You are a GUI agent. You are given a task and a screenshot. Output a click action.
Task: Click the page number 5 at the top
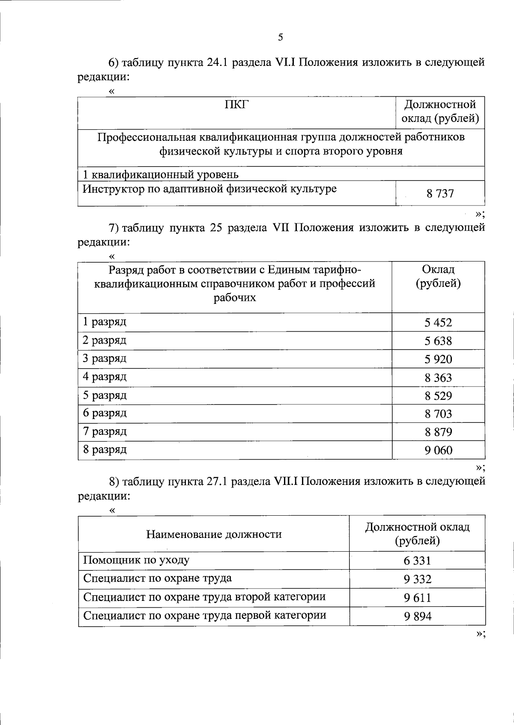281,37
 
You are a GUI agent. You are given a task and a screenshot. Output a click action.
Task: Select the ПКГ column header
236,104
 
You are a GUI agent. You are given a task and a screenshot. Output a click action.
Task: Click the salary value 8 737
440,194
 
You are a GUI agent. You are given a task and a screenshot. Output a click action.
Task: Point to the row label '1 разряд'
105,321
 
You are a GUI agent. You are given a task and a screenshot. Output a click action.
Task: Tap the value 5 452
438,322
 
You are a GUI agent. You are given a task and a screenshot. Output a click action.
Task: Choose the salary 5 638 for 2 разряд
438,341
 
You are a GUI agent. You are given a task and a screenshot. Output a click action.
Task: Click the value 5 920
438,360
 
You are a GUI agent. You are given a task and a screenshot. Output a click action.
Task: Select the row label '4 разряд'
105,377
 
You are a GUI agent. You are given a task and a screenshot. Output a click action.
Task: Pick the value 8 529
438,396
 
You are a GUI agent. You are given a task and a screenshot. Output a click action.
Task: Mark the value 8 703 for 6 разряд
438,414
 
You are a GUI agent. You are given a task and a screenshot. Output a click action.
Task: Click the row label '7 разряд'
105,431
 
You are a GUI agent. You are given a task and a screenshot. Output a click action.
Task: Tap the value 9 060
438,450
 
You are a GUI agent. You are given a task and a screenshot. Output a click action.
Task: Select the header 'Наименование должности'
214,534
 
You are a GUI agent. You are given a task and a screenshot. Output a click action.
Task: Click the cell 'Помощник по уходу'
136,560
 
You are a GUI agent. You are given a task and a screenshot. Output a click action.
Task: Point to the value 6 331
417,561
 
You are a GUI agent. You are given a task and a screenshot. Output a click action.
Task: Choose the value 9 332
417,579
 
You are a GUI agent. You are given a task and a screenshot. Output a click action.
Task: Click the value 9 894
417,616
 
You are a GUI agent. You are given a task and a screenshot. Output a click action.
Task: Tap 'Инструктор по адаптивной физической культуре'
209,189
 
